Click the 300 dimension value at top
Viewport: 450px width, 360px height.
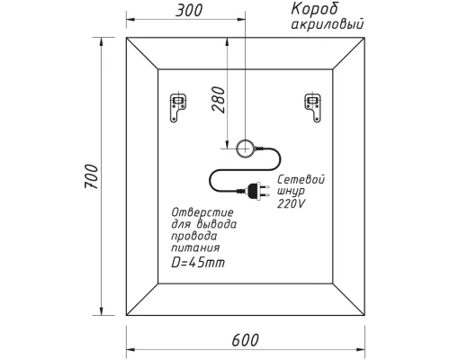[x=186, y=10]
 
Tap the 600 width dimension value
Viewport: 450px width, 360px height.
[x=244, y=339]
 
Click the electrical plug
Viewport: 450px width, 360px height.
[x=256, y=190]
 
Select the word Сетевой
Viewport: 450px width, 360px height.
[x=301, y=180]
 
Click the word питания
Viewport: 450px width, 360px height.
[x=195, y=247]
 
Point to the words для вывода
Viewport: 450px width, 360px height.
[x=203, y=222]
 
